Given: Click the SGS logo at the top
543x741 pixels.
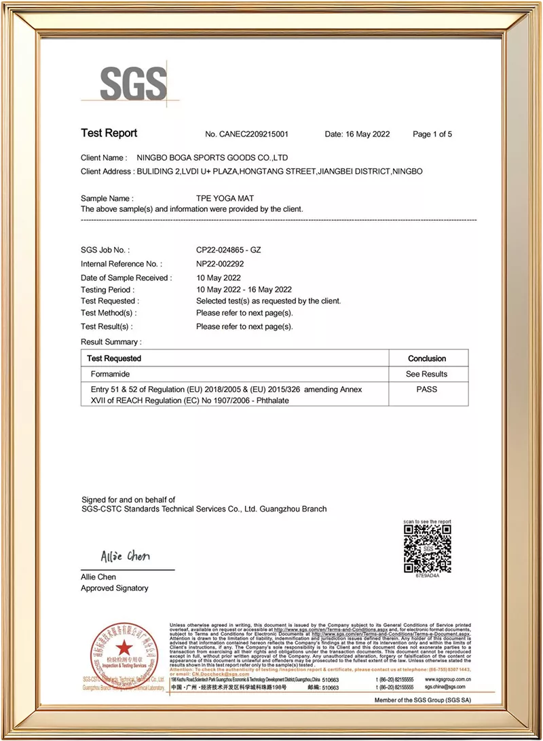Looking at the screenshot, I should coord(133,83).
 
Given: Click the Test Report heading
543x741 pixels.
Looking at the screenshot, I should coord(109,133).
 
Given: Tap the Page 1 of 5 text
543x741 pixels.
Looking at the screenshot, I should coord(432,134).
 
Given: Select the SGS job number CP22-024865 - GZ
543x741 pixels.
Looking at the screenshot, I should coord(228,250).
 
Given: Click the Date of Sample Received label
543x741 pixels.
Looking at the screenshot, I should coord(126,278).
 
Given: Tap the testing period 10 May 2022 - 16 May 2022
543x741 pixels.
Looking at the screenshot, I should coord(244,289).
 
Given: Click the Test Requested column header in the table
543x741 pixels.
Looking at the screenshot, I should coord(114,358).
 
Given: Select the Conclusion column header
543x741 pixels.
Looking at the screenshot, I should coord(427,358).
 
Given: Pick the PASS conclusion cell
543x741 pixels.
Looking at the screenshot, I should coord(427,389).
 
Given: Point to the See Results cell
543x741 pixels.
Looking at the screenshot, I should coord(427,374).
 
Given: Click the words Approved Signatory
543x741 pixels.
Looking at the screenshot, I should coord(114,588).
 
